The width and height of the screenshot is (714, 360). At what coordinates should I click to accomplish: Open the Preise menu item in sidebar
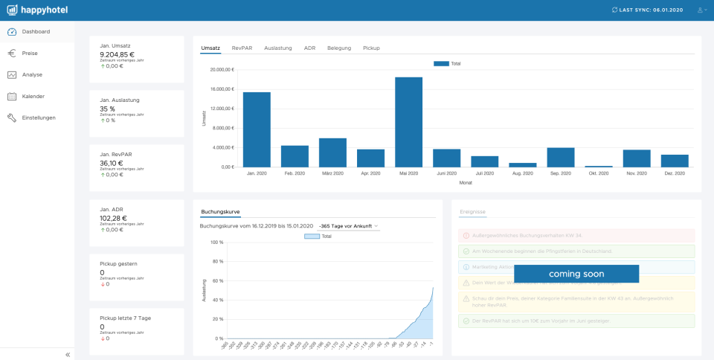(x=30, y=54)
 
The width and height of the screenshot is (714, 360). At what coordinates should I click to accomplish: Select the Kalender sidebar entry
(x=33, y=96)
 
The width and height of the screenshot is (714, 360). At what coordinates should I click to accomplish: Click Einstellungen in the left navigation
(x=39, y=118)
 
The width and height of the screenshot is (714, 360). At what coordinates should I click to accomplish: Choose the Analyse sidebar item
(x=32, y=74)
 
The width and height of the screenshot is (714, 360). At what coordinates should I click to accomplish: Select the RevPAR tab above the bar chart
(x=242, y=48)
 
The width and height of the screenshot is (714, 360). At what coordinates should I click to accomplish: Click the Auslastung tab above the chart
(x=278, y=48)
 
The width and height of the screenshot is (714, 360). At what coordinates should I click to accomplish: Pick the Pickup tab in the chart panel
(x=371, y=48)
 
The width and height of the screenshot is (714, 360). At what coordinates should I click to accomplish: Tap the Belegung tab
(x=339, y=48)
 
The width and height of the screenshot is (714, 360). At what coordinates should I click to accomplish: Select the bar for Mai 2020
(x=408, y=122)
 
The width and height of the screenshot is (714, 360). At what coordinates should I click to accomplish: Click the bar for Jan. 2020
(x=257, y=129)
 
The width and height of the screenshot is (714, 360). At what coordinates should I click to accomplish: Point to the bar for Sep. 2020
(x=560, y=157)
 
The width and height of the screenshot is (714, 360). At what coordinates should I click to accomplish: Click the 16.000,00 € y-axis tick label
(x=222, y=89)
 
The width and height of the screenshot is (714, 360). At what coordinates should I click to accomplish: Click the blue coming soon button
(x=576, y=274)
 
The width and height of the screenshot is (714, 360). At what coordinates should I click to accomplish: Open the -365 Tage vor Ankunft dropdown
(x=348, y=225)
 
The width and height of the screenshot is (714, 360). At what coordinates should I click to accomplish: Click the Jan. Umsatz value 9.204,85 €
(x=117, y=55)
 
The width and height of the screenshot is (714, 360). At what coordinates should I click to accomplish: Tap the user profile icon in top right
(x=701, y=10)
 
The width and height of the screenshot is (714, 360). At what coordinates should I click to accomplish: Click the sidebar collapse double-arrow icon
(x=68, y=355)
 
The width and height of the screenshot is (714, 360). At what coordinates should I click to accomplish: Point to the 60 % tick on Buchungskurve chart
(x=217, y=280)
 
